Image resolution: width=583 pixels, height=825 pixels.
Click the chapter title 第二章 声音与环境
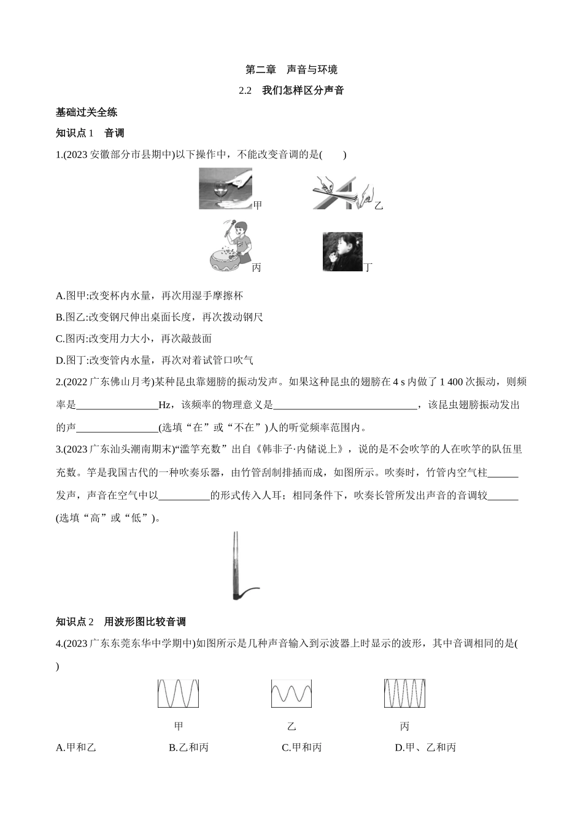(291, 69)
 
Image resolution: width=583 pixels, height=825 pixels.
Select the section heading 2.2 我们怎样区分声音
(291, 90)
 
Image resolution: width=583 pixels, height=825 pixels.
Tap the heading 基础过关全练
(87, 112)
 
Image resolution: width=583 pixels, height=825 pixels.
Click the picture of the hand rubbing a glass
(225, 188)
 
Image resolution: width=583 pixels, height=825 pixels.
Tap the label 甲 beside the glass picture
(257, 205)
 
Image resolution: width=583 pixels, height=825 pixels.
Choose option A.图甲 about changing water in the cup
(149, 296)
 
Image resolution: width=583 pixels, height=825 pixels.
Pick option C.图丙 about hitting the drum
(134, 339)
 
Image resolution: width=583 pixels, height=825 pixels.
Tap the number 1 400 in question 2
(453, 382)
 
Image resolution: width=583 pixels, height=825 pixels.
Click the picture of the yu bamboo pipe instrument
(242, 565)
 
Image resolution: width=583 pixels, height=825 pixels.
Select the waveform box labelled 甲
(178, 694)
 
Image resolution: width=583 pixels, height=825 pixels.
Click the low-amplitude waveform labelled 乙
(291, 694)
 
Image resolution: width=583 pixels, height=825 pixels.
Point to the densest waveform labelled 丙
(404, 694)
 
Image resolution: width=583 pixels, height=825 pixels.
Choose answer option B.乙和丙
(189, 748)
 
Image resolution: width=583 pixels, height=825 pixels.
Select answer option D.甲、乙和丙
(426, 748)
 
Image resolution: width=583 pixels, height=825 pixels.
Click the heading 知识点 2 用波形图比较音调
(120, 622)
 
